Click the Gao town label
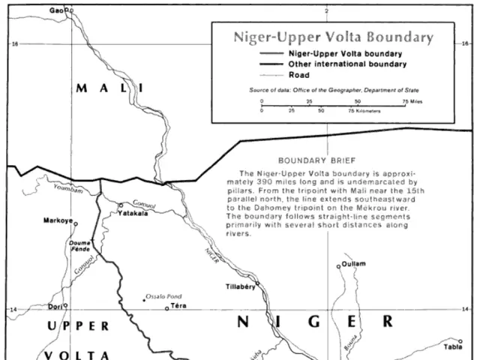click(56, 10)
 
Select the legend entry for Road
click(298, 75)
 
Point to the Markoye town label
click(58, 222)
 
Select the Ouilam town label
click(354, 265)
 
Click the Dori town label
click(53, 306)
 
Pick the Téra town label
click(178, 306)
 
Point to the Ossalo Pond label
click(163, 296)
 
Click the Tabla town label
click(453, 347)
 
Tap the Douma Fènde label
click(79, 246)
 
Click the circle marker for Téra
click(166, 307)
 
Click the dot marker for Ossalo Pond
click(143, 300)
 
